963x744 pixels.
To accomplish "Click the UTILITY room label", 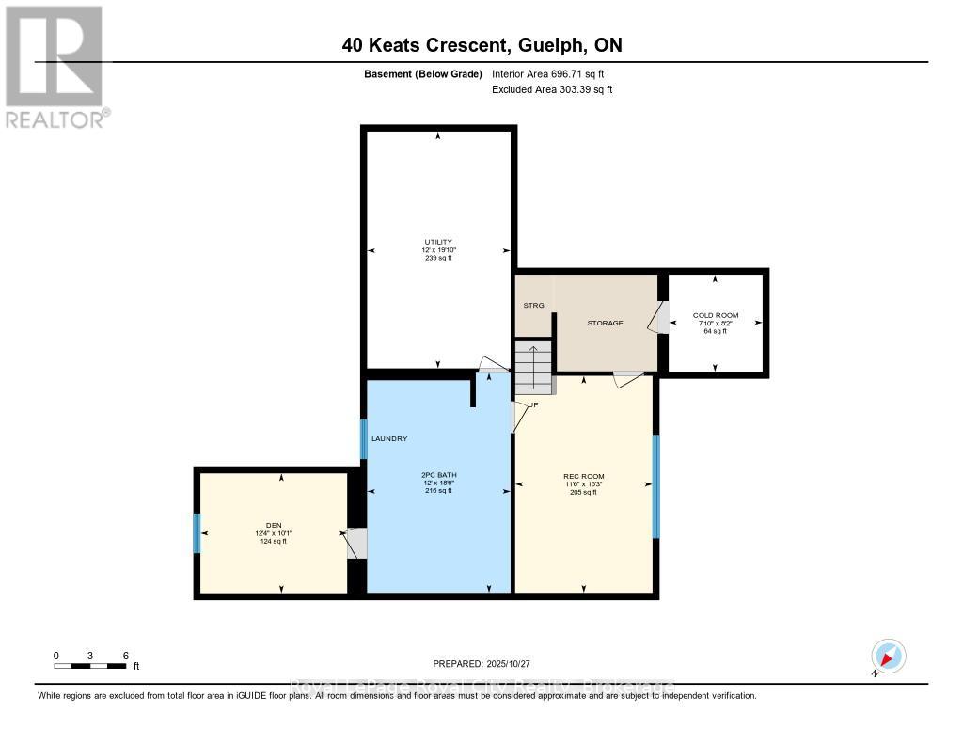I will point(438,242).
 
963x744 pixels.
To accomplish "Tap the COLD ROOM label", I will point(716,315).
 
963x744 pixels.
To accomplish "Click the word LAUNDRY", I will point(389,439).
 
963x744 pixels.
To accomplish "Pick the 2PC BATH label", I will point(438,474).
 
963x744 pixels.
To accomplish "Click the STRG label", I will point(533,306).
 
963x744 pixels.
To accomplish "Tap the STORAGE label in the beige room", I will point(605,323).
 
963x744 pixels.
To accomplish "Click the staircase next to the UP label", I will point(532,367).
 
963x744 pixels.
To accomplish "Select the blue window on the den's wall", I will point(197,533).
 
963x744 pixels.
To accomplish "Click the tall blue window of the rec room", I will point(656,486).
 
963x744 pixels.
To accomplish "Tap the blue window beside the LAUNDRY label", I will point(363,438).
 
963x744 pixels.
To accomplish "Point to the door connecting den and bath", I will point(355,544).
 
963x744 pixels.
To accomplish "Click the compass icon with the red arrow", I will point(888,656).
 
